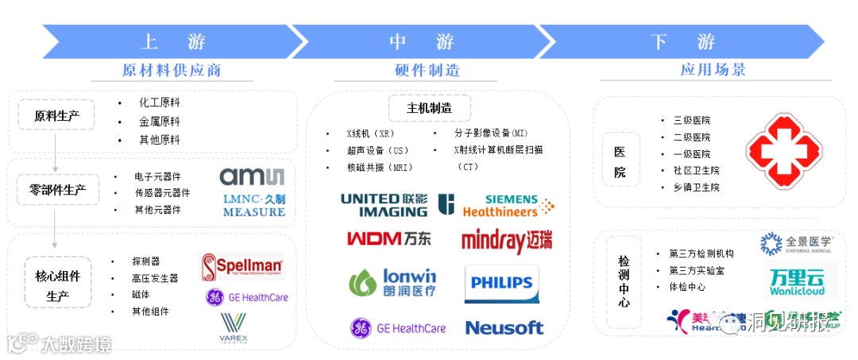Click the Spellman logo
(x=242, y=266)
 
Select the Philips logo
(x=501, y=284)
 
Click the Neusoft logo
(x=504, y=327)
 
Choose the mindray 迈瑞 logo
(x=507, y=240)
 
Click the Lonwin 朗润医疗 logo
(x=393, y=283)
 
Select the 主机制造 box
(x=430, y=108)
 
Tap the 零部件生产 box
(x=58, y=191)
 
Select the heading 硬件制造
(x=427, y=70)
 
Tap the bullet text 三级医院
(x=691, y=121)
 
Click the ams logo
(x=251, y=177)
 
